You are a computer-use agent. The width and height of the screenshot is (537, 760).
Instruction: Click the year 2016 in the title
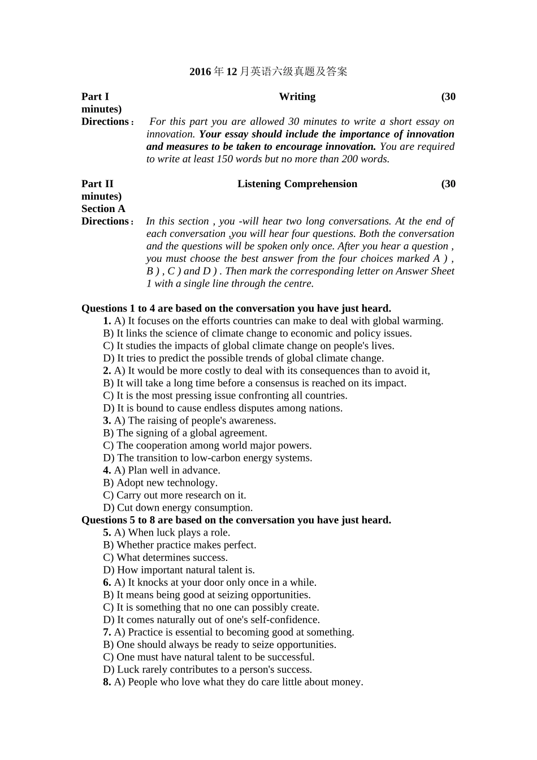[x=200, y=72]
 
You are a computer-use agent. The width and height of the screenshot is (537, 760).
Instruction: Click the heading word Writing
[x=297, y=97]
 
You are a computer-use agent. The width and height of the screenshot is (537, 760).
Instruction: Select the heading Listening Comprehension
[x=297, y=184]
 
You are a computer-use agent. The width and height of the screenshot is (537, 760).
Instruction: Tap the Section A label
[x=103, y=209]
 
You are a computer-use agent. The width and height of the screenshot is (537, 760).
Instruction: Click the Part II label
[x=97, y=184]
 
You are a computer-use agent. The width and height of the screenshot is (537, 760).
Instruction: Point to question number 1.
[x=107, y=321]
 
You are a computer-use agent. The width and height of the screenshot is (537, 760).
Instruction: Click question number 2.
[x=107, y=371]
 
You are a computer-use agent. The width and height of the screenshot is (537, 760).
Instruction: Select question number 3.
[x=107, y=421]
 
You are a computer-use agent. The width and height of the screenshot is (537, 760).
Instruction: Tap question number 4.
[x=107, y=470]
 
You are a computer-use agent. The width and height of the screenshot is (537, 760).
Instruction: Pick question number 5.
[x=107, y=533]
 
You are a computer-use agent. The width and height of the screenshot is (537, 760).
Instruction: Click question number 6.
[x=107, y=582]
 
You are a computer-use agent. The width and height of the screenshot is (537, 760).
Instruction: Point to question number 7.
[x=107, y=632]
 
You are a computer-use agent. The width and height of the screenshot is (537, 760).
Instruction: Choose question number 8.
[x=107, y=682]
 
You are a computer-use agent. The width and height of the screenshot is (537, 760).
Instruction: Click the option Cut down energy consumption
[x=178, y=508]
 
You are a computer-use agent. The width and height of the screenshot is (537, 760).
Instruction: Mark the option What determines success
[x=166, y=558]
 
